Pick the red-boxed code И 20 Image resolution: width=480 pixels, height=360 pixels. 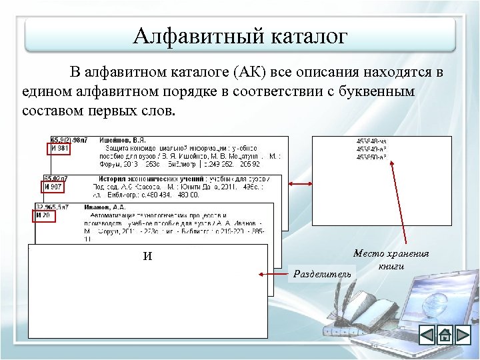tap(44, 215)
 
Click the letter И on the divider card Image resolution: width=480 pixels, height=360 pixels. tap(147, 256)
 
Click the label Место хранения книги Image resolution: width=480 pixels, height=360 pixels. tap(391, 259)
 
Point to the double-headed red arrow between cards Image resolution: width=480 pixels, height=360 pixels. tap(301, 184)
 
